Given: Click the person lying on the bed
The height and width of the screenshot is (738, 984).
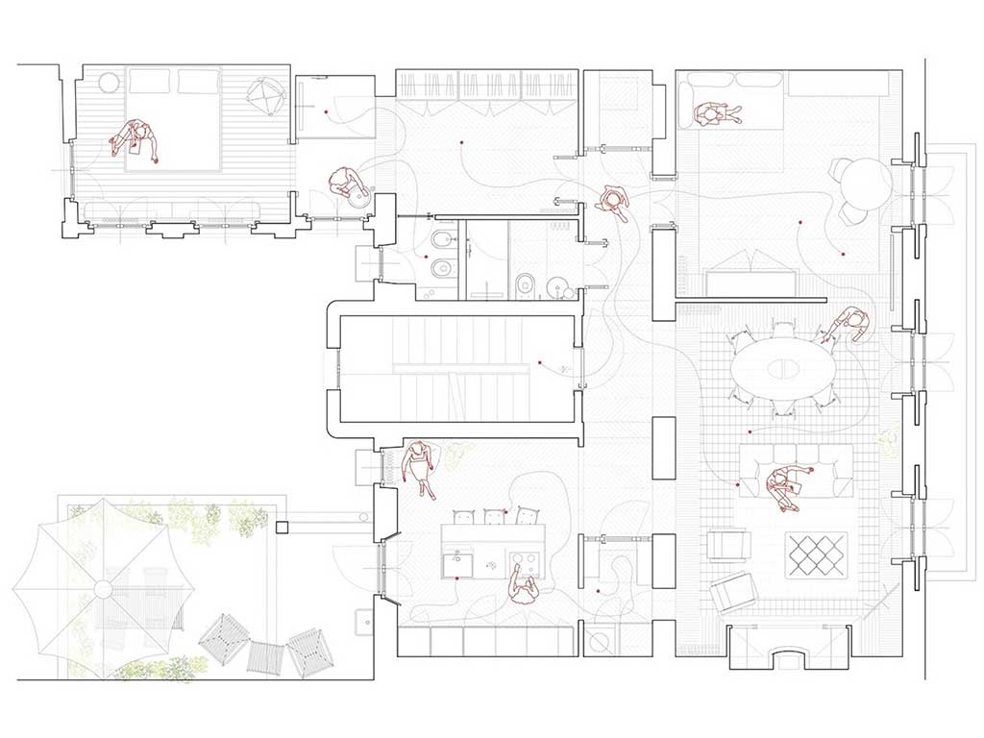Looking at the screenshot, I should point(135,140).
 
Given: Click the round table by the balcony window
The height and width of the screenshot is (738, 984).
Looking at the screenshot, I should point(862,182).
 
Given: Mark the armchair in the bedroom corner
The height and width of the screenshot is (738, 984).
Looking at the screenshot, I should point(265,94).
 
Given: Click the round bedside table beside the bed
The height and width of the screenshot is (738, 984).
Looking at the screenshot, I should point(107,81).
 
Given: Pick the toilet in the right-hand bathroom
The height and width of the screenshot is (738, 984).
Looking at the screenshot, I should point(527,283).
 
